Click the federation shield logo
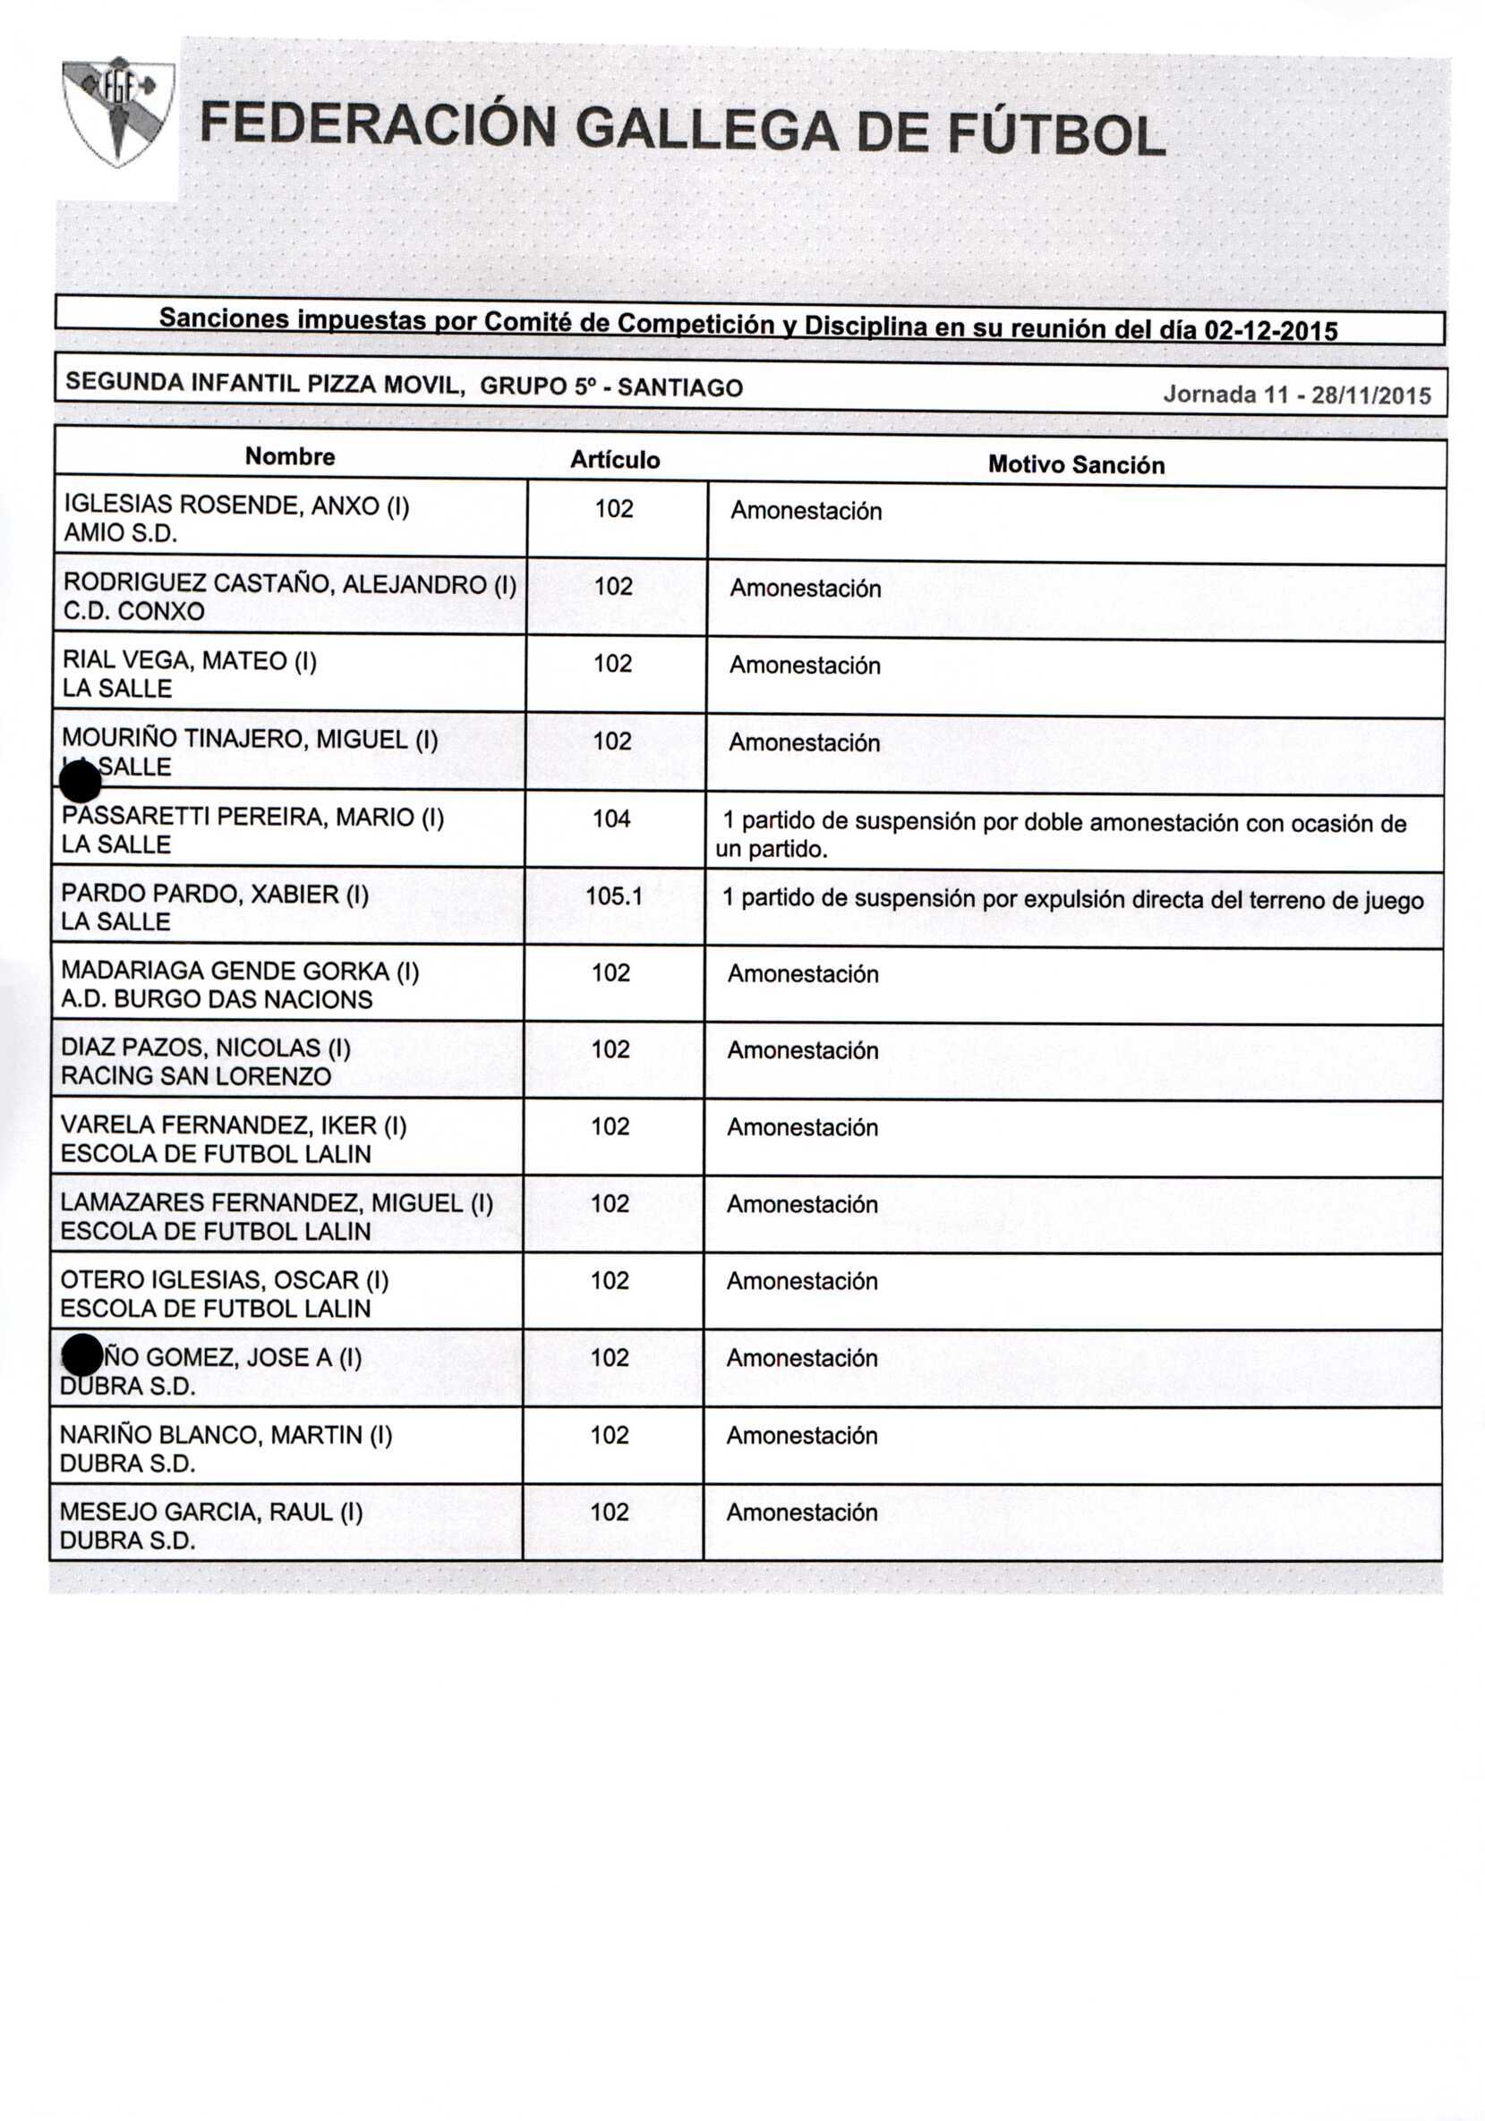point(117,112)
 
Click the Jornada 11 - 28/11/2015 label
point(1295,395)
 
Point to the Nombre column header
point(290,456)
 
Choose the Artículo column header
point(615,460)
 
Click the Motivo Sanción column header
point(1076,464)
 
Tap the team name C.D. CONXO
point(133,611)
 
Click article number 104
point(611,819)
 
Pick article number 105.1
point(613,895)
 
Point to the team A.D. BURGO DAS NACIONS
point(217,998)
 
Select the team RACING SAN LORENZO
point(195,1075)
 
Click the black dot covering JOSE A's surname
point(83,1355)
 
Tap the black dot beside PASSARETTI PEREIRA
point(80,785)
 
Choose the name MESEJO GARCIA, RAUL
point(210,1511)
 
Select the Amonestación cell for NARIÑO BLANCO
point(801,1435)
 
